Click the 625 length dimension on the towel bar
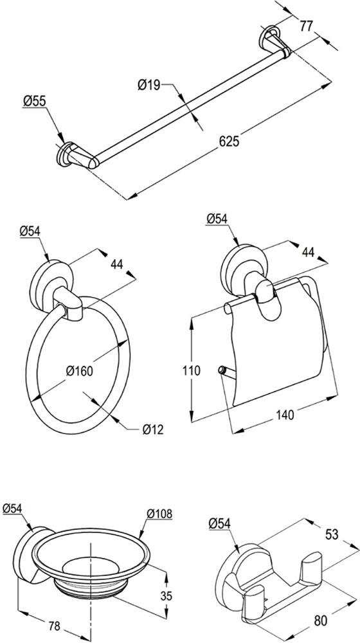tap(230, 141)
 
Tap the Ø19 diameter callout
tap(148, 85)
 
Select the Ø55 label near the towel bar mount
tap(35, 102)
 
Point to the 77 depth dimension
tap(306, 26)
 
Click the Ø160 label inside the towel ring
tap(79, 371)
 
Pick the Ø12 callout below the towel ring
tap(153, 430)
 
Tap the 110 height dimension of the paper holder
tap(192, 371)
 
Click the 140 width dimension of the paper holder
tap(285, 415)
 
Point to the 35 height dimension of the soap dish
tap(165, 595)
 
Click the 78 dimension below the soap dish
tap(54, 626)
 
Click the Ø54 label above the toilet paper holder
tap(217, 219)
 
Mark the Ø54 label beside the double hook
tap(219, 523)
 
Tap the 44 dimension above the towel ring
tap(117, 264)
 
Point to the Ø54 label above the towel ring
tap(30, 231)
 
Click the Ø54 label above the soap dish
tap(12, 509)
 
